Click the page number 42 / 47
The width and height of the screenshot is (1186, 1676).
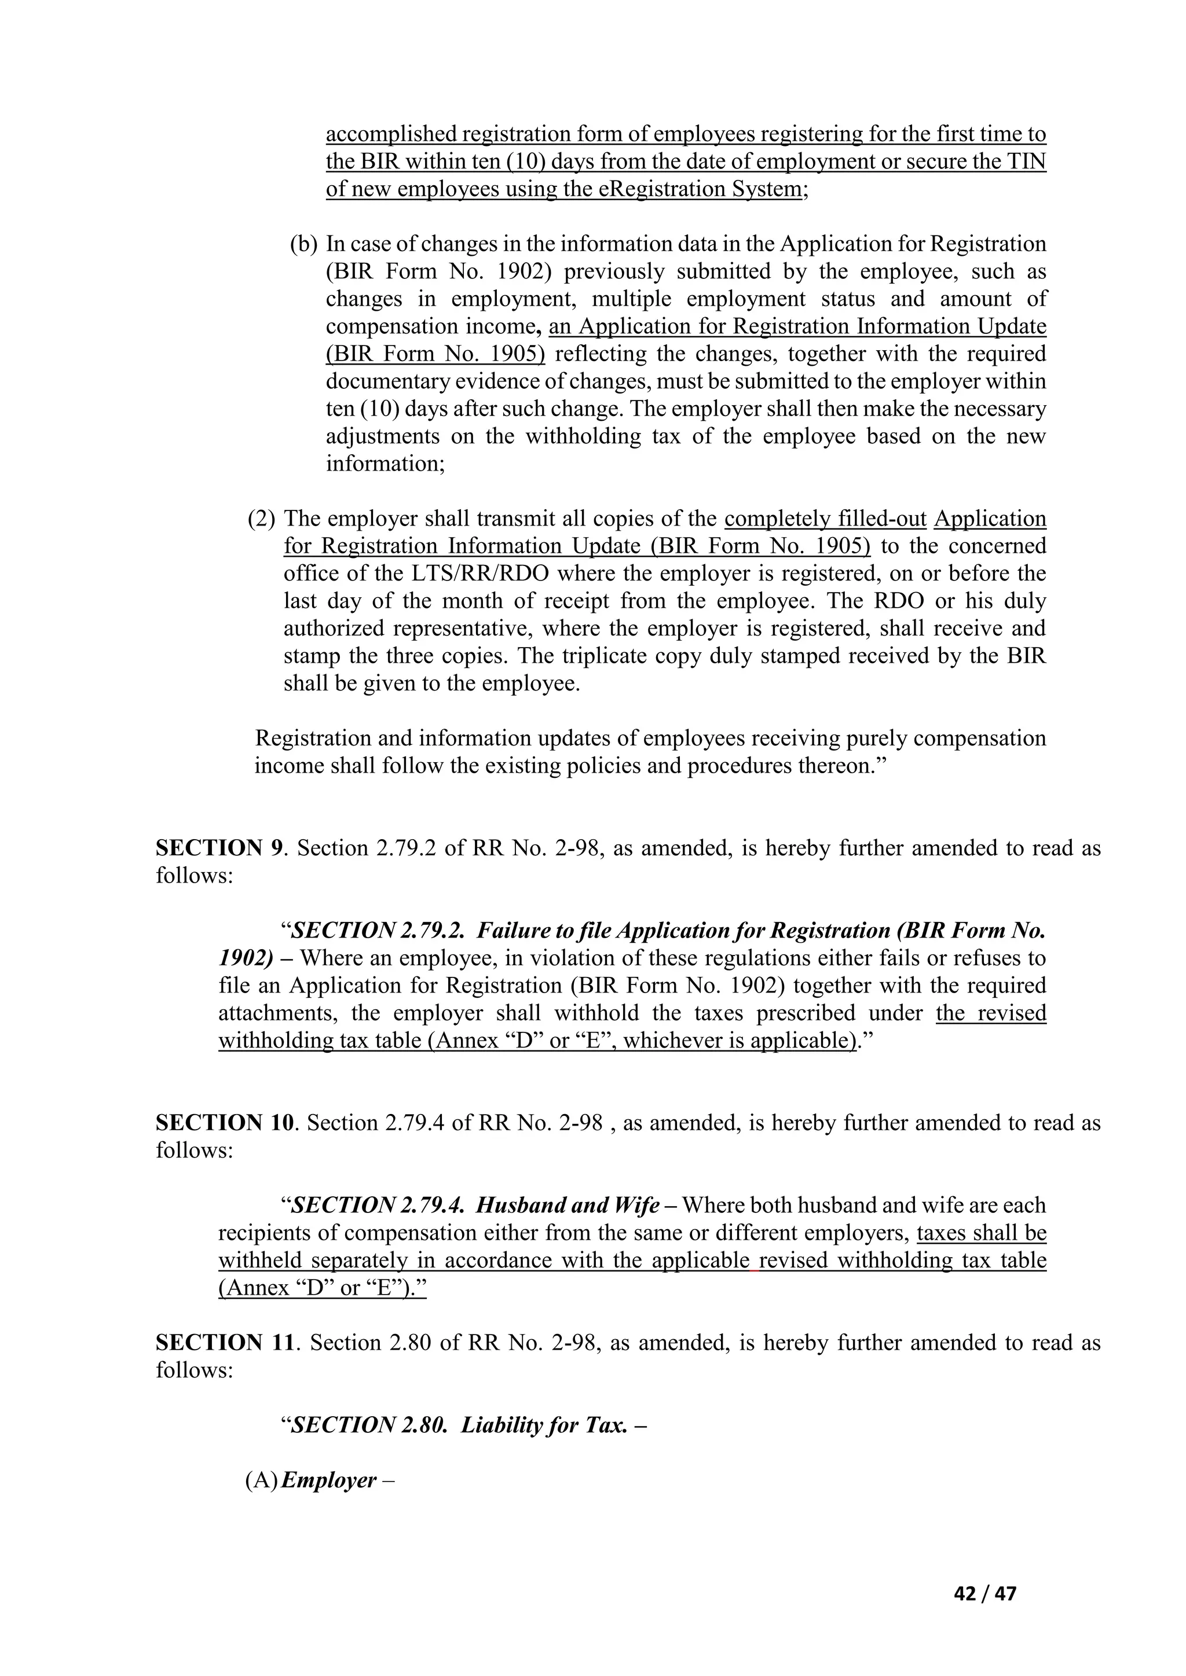pyautogui.click(x=985, y=1593)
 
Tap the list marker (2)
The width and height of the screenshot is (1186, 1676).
pyautogui.click(x=261, y=519)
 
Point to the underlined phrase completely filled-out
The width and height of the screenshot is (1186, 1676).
pyautogui.click(x=825, y=519)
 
